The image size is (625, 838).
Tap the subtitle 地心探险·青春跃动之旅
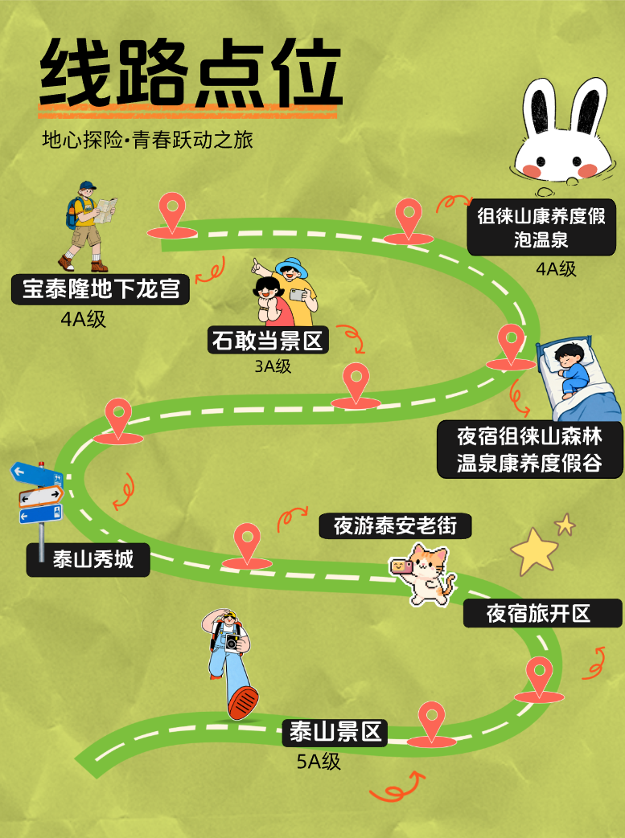coord(147,140)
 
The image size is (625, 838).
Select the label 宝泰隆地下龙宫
coord(101,289)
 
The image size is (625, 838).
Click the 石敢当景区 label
coord(268,341)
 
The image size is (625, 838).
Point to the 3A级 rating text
coord(273,366)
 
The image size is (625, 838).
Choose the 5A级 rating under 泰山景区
coord(319,762)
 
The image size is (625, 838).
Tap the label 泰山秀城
coord(88,559)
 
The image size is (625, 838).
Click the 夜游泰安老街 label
coord(396,526)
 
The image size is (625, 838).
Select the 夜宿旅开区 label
coord(543,613)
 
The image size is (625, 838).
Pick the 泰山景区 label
coord(335,732)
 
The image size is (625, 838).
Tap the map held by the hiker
coord(106,211)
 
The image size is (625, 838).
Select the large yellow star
coord(534,551)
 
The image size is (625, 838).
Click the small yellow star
coord(565,525)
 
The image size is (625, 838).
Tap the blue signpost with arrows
coord(39,494)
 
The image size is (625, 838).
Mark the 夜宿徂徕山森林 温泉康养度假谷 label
coord(530,449)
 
